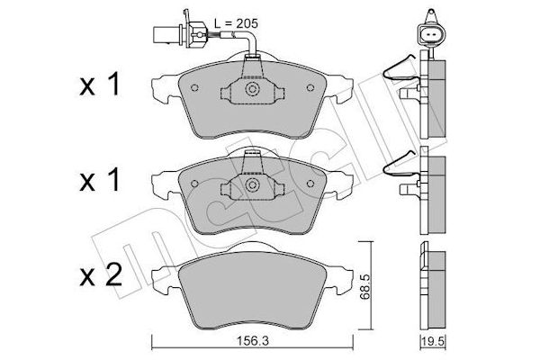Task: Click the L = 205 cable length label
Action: click(x=236, y=23)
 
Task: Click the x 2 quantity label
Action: click(x=101, y=274)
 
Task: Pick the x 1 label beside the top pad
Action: click(x=100, y=84)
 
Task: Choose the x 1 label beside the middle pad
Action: click(x=100, y=179)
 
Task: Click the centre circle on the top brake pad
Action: click(x=252, y=89)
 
